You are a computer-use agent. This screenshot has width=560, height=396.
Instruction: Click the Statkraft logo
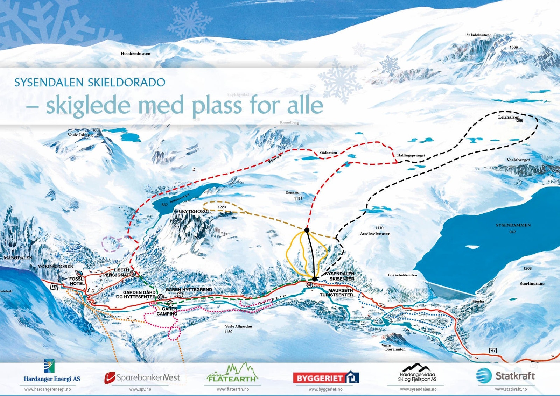(505, 376)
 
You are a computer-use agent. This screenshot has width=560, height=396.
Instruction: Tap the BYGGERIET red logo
(325, 378)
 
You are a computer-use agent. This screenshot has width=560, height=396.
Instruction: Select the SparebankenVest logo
(142, 377)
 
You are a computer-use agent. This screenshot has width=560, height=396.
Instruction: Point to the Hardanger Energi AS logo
(51, 372)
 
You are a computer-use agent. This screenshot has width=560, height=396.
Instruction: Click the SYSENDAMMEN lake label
(513, 225)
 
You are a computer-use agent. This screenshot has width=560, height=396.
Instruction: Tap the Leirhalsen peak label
(509, 117)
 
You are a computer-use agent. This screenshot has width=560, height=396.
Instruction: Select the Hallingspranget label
(411, 155)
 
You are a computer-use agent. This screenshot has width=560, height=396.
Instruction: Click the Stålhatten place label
(328, 153)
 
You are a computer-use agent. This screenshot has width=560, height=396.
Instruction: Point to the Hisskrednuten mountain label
(135, 54)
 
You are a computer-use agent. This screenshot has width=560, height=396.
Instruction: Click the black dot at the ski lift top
(307, 230)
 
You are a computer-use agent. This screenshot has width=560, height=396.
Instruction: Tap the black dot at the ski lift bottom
(314, 279)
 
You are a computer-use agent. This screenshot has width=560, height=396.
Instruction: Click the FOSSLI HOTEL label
(77, 281)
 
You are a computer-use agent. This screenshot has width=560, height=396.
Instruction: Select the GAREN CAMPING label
(167, 311)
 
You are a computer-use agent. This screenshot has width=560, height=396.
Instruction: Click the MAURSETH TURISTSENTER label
(336, 292)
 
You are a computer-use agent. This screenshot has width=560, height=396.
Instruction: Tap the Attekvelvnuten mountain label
(375, 234)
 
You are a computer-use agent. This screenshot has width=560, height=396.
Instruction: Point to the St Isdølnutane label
(478, 35)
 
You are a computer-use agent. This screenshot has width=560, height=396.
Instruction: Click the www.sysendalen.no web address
(418, 389)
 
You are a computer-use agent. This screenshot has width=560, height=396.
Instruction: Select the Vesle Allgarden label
(238, 326)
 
